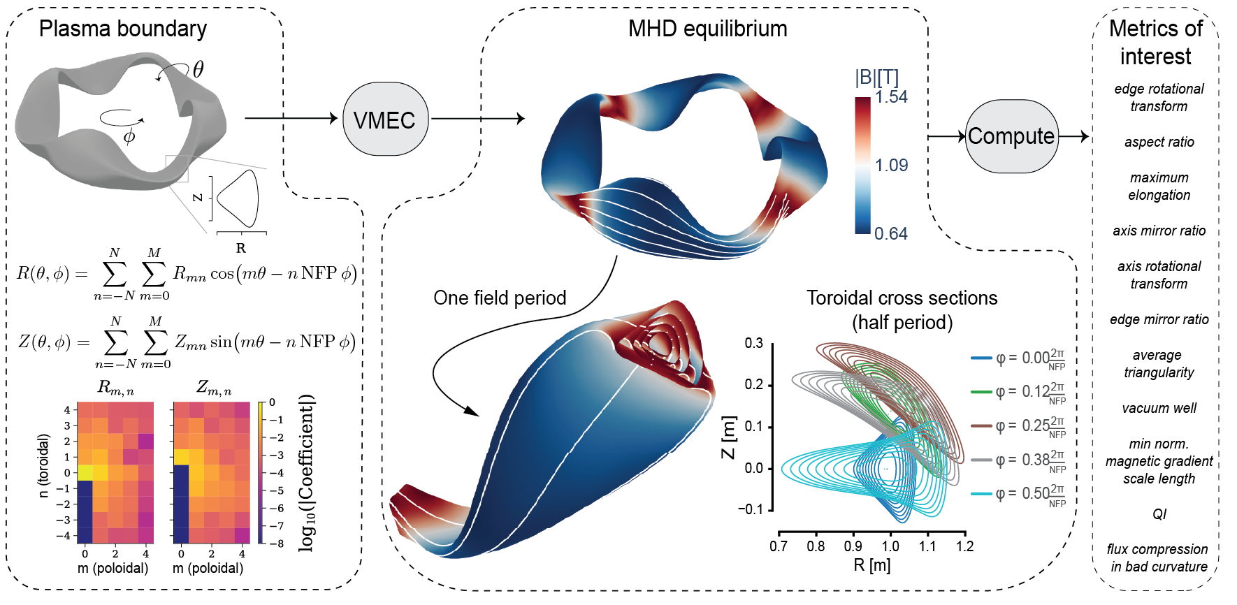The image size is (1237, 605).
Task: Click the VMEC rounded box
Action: [384, 119]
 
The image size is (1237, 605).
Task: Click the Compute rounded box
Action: [1011, 136]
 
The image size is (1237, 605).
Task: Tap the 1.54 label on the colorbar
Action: [891, 97]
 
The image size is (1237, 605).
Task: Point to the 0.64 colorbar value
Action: [890, 234]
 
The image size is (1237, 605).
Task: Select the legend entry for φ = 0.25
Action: [1018, 425]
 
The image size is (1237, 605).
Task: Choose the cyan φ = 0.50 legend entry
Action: [1018, 494]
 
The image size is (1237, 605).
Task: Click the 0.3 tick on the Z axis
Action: [753, 343]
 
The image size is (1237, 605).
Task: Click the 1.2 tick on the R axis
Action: [964, 546]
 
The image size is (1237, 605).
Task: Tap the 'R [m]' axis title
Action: [871, 565]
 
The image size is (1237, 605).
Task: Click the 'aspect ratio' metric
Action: [1159, 142]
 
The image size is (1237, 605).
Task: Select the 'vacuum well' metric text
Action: [1159, 408]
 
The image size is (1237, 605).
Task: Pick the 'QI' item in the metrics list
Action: [1159, 514]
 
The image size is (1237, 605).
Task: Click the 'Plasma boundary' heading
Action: [123, 29]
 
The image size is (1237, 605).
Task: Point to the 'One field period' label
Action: [500, 298]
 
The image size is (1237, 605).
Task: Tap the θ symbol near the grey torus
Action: [198, 69]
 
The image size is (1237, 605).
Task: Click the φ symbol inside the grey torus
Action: [129, 136]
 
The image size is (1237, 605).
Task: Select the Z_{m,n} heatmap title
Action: [213, 387]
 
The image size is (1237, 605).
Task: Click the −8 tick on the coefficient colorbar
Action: [276, 543]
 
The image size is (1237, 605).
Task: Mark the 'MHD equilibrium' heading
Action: [707, 29]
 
